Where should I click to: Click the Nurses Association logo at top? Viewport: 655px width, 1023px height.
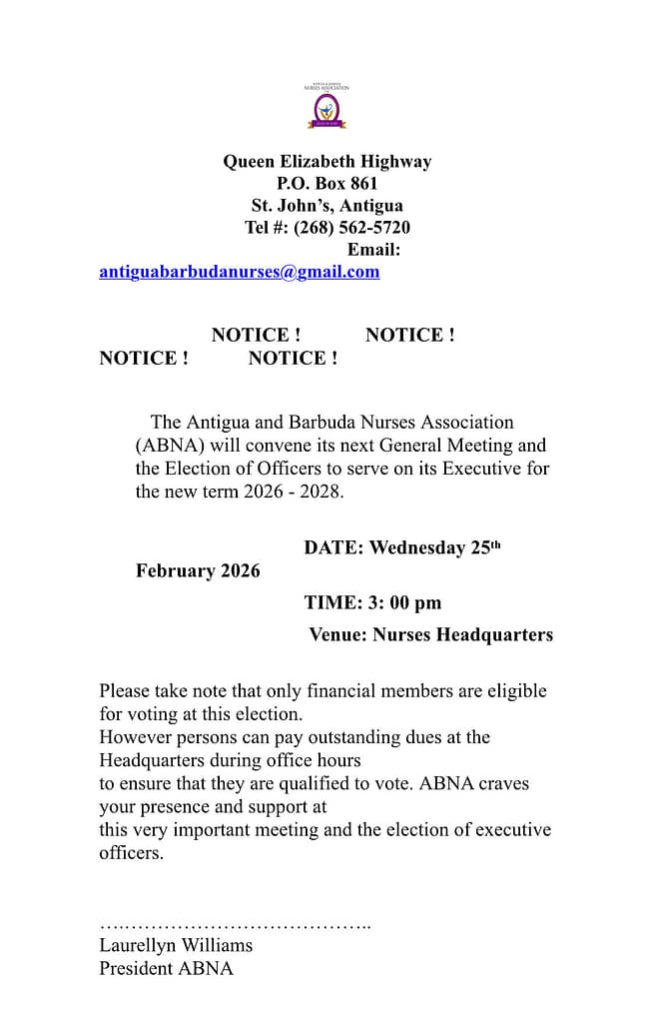[327, 105]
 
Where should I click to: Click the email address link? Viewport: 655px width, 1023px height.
[239, 272]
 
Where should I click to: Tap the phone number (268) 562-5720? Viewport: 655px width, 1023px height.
[351, 228]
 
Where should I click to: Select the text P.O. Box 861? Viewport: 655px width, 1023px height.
[327, 184]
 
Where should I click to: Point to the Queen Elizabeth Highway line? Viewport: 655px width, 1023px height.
[327, 162]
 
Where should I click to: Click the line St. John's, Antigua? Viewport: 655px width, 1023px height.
[327, 206]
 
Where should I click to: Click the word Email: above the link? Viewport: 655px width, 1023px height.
[373, 250]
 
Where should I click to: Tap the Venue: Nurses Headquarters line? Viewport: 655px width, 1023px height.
[430, 634]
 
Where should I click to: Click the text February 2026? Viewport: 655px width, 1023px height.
[198, 571]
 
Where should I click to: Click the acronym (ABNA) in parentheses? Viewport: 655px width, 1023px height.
[171, 446]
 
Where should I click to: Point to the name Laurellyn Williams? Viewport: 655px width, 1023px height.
[176, 945]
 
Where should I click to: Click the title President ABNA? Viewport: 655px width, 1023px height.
[166, 968]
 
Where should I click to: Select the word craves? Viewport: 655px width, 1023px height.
[505, 784]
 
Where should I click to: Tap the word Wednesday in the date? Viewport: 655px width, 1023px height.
[417, 548]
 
